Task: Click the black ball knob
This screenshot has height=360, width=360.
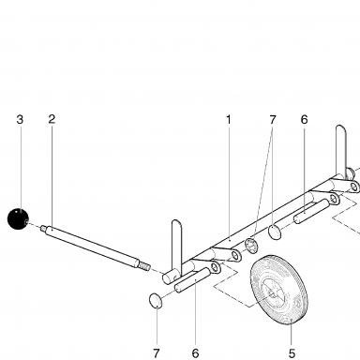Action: tap(18, 218)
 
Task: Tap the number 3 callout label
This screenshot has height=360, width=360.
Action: tap(20, 119)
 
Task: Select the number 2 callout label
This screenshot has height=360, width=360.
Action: tap(52, 119)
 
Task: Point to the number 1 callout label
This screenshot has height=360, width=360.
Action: tap(229, 119)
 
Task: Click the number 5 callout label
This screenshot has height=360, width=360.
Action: tap(292, 353)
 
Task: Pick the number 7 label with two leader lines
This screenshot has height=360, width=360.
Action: tap(273, 119)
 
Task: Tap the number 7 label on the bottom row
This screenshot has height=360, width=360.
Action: tap(157, 353)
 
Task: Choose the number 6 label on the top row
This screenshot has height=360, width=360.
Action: tap(305, 119)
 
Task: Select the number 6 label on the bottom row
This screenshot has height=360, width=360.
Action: tap(195, 353)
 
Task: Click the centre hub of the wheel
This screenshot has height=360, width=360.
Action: tap(272, 293)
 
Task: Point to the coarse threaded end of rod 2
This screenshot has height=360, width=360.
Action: tap(144, 266)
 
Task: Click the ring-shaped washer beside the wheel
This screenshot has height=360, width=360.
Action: tap(251, 246)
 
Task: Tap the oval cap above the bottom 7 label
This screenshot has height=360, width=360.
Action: tap(156, 301)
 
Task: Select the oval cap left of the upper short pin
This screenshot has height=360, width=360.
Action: tap(275, 232)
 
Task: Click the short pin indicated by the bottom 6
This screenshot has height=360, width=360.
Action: tap(192, 280)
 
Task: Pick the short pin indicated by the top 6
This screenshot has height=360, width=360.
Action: tap(311, 212)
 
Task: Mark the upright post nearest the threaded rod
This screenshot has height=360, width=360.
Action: tap(176, 247)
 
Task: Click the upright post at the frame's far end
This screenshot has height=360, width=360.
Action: tap(341, 152)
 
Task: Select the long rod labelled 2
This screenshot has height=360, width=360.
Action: tap(93, 247)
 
